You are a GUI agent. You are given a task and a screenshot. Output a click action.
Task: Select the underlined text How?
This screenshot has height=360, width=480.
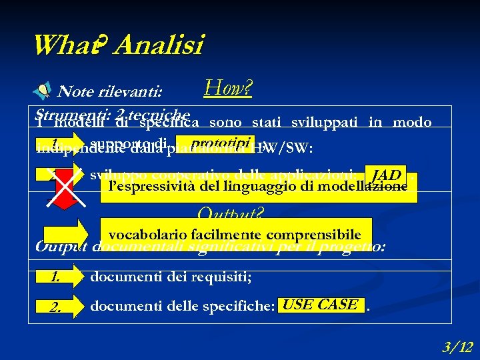point(227,87)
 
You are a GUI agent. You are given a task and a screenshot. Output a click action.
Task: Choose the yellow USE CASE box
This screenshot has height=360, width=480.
point(320,305)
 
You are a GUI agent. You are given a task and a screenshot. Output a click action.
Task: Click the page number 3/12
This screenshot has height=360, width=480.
point(457,346)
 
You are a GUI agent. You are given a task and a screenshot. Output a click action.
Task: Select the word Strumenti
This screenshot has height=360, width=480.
point(61,113)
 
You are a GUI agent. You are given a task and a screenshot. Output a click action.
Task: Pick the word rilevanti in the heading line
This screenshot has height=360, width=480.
point(139,91)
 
